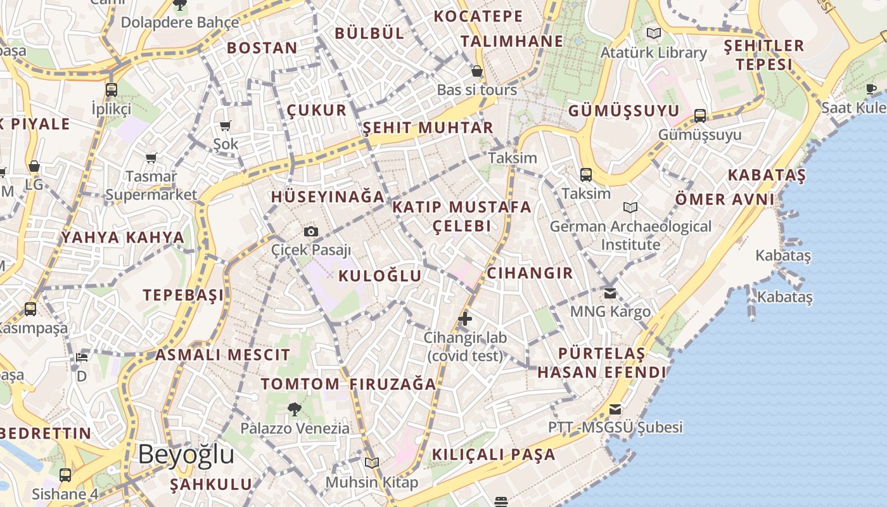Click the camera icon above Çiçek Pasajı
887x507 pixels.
tap(310, 231)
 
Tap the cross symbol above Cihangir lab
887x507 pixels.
tap(465, 318)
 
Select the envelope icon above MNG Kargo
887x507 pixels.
tap(610, 293)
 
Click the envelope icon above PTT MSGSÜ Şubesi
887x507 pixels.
tap(615, 409)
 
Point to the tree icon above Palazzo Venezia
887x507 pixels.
tap(294, 409)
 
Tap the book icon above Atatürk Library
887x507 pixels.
tap(653, 33)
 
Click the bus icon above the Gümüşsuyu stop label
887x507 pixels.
tap(699, 115)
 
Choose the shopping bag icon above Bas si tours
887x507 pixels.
tap(477, 71)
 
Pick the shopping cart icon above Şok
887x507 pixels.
tap(226, 125)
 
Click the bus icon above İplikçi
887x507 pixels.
tap(112, 89)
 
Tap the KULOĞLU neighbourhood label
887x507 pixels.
tap(380, 276)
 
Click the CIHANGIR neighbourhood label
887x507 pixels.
tap(530, 273)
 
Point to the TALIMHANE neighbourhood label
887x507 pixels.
tap(511, 41)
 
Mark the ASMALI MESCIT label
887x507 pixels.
tap(223, 355)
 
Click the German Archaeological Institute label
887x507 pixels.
tap(630, 235)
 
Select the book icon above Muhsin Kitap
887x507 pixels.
tap(372, 463)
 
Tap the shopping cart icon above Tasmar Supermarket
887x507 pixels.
tap(151, 158)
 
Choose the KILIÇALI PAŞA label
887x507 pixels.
tap(494, 454)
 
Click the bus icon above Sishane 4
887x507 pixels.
tap(65, 475)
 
